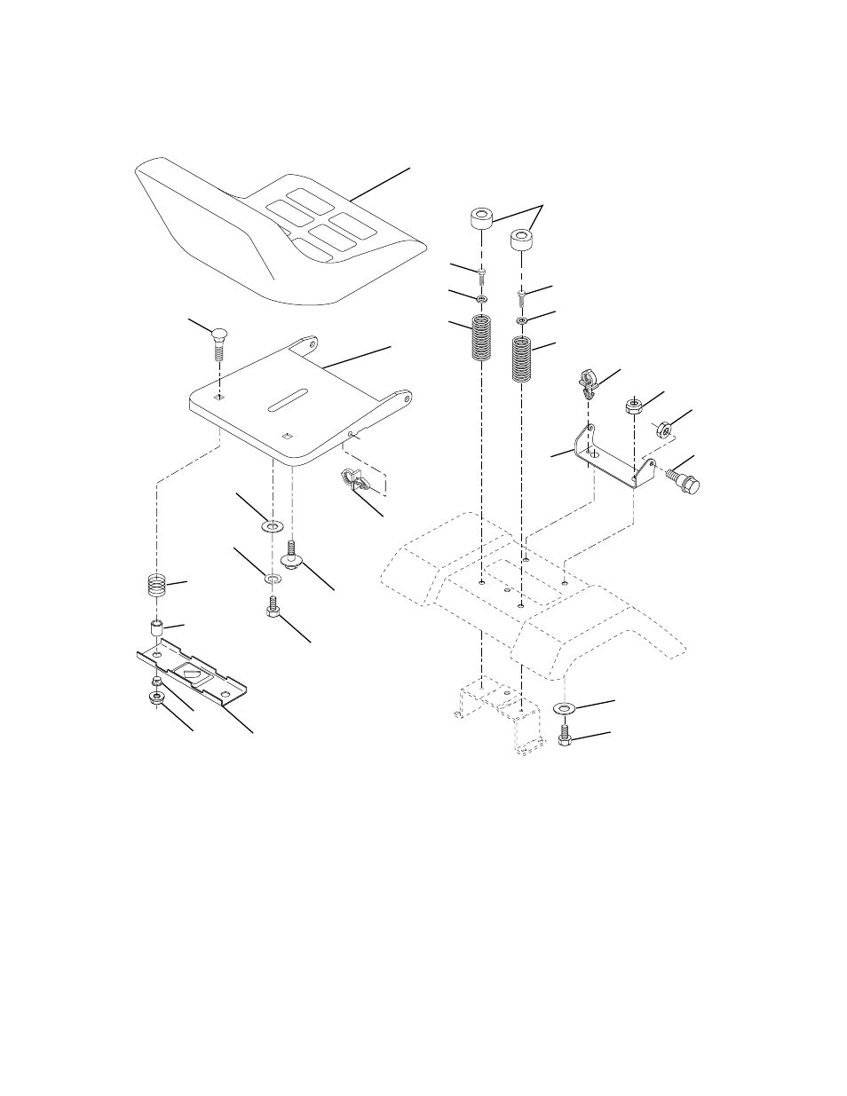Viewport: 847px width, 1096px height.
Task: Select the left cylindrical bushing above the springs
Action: tap(481, 219)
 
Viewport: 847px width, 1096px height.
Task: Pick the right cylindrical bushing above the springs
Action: tap(521, 240)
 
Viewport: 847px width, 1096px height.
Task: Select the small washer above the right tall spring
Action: tap(521, 319)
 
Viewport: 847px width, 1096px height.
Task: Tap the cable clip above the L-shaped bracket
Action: tap(587, 380)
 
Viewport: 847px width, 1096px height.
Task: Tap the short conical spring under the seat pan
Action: tap(157, 587)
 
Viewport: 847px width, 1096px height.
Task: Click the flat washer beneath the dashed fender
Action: tap(563, 709)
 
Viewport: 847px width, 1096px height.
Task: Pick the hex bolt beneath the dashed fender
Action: tap(564, 736)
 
